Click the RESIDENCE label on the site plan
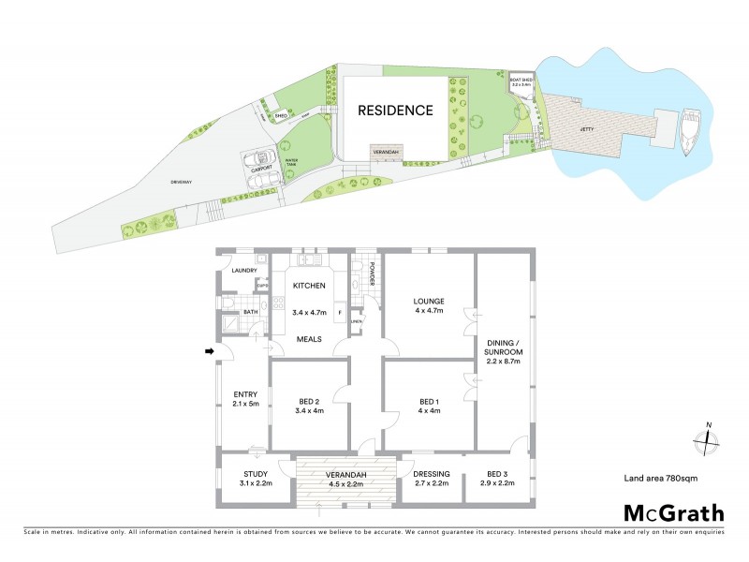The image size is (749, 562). point(396,111)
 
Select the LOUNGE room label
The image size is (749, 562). point(429,302)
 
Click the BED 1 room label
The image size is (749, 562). point(429,403)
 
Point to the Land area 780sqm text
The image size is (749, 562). point(661,479)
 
